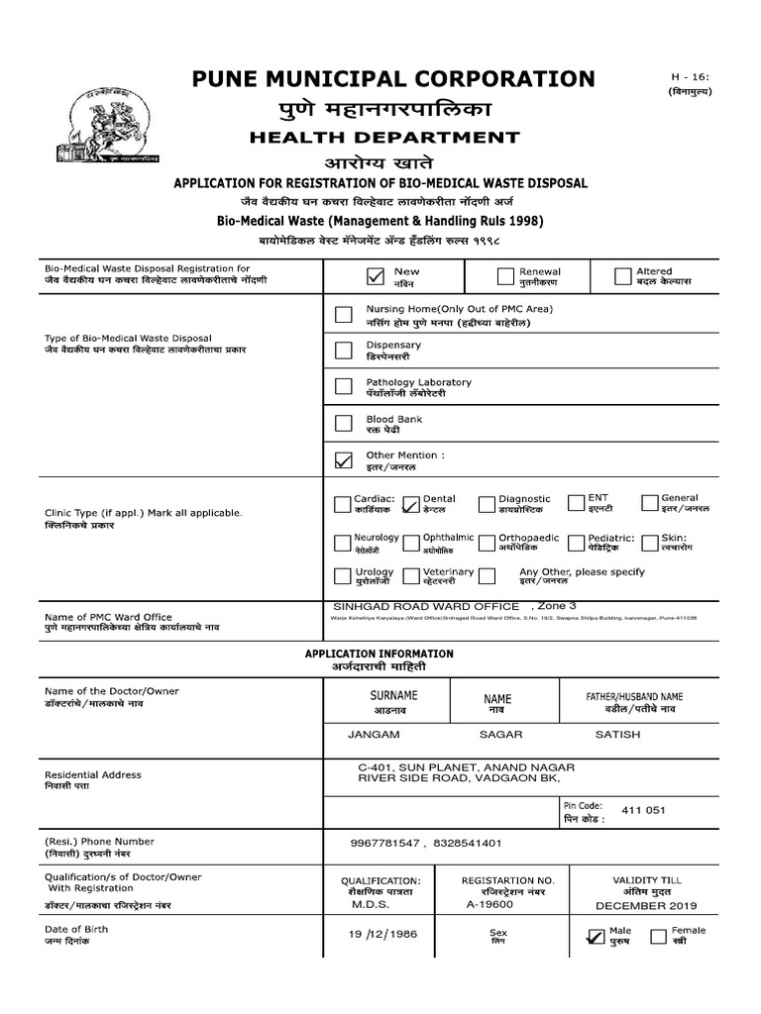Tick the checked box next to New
(375, 276)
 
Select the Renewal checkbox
(505, 276)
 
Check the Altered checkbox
(622, 276)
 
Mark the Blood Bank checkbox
(343, 424)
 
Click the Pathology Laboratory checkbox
(343, 386)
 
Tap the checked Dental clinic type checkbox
(411, 506)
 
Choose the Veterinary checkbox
(411, 577)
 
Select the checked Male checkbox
(596, 937)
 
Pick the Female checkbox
(659, 937)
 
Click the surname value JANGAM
(374, 735)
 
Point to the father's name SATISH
(617, 735)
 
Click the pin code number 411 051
(644, 811)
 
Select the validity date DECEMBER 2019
(646, 905)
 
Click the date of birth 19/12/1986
(382, 934)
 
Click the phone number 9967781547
(385, 843)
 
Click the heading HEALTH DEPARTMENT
(382, 138)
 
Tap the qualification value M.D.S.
(372, 905)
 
